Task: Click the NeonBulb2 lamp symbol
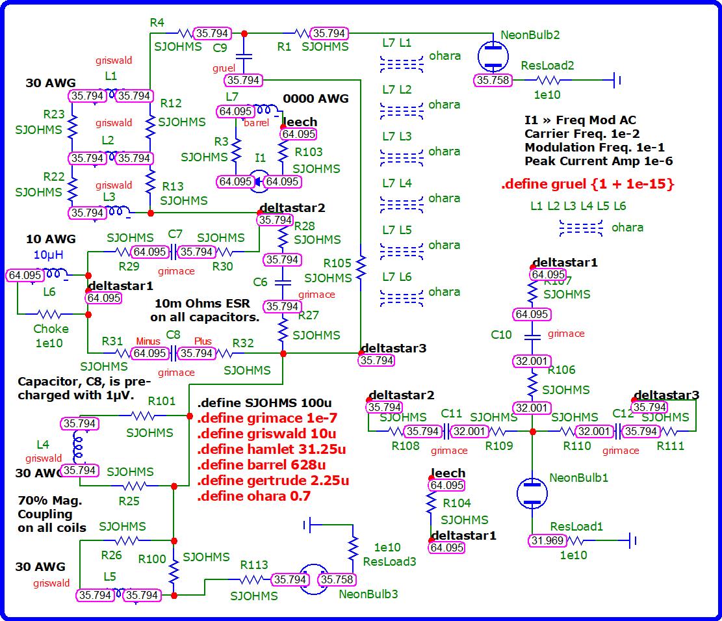[493, 57]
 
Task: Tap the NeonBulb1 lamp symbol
[532, 493]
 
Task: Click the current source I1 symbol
[259, 182]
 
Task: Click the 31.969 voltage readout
[547, 540]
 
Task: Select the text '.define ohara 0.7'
[253, 496]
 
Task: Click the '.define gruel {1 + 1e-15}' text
[587, 184]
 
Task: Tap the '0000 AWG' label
[315, 99]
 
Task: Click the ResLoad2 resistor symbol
[548, 81]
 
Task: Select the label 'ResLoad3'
[389, 561]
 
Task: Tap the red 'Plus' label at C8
[203, 341]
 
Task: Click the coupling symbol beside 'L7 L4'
[401, 204]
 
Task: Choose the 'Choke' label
[51, 329]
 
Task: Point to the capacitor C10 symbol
[532, 337]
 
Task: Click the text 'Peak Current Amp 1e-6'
[599, 161]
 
